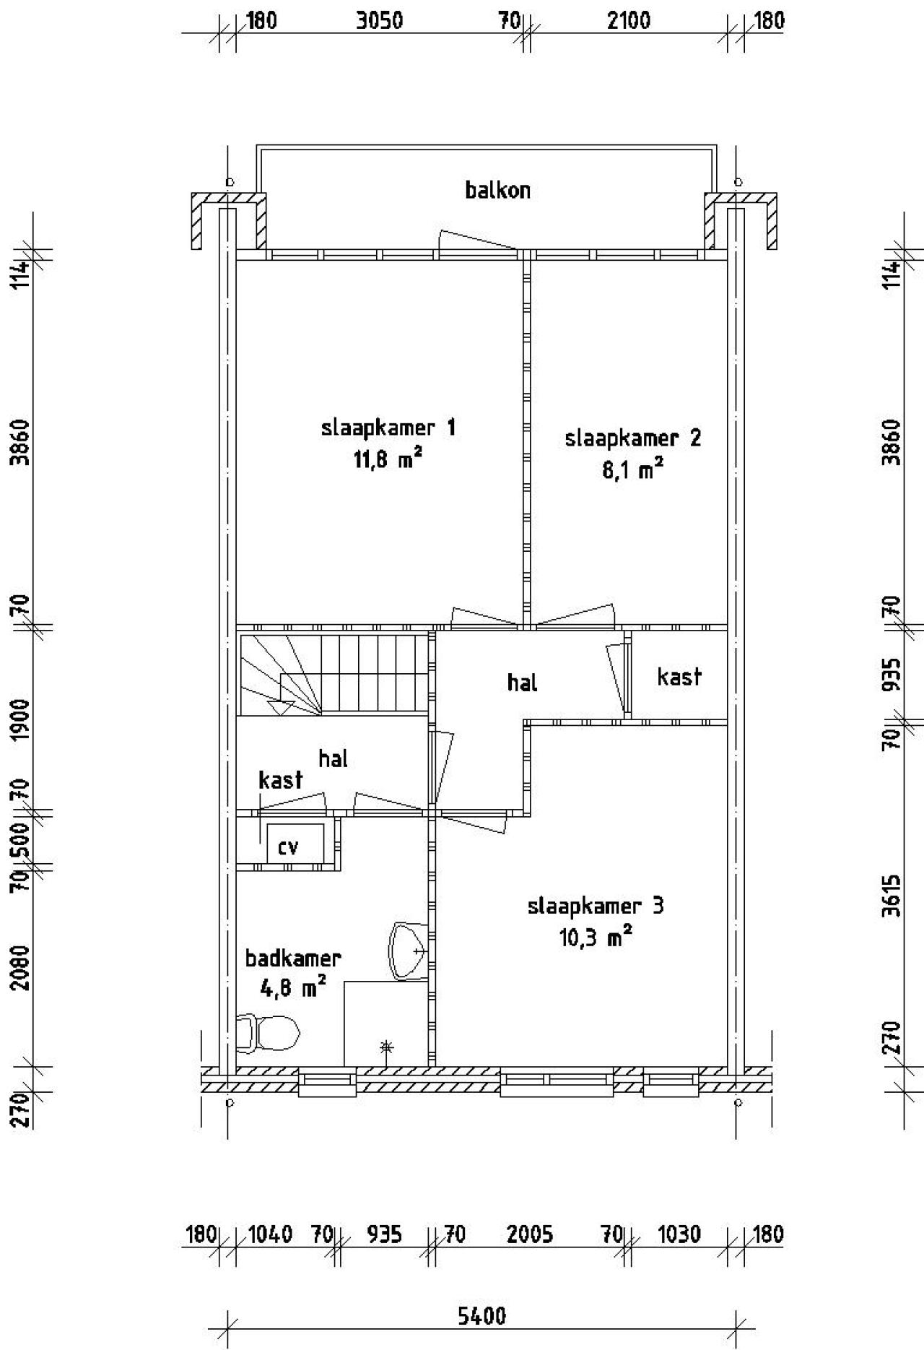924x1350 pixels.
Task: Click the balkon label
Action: [497, 190]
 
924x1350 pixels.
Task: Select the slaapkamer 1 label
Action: [388, 428]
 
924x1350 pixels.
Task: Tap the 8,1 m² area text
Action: [632, 470]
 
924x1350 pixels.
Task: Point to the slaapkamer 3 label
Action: [596, 906]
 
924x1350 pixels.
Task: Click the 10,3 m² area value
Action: [596, 938]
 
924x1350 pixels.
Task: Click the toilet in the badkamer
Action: [269, 1033]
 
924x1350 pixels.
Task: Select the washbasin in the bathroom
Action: [409, 951]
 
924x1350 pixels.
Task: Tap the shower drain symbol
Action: [387, 1046]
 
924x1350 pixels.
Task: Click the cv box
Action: [295, 841]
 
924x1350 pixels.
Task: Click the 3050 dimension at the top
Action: [380, 20]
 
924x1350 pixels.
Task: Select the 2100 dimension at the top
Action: [628, 20]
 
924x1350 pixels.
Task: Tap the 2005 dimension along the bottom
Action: [530, 1234]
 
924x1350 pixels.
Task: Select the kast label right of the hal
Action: [679, 677]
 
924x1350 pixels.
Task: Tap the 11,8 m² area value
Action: [388, 459]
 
